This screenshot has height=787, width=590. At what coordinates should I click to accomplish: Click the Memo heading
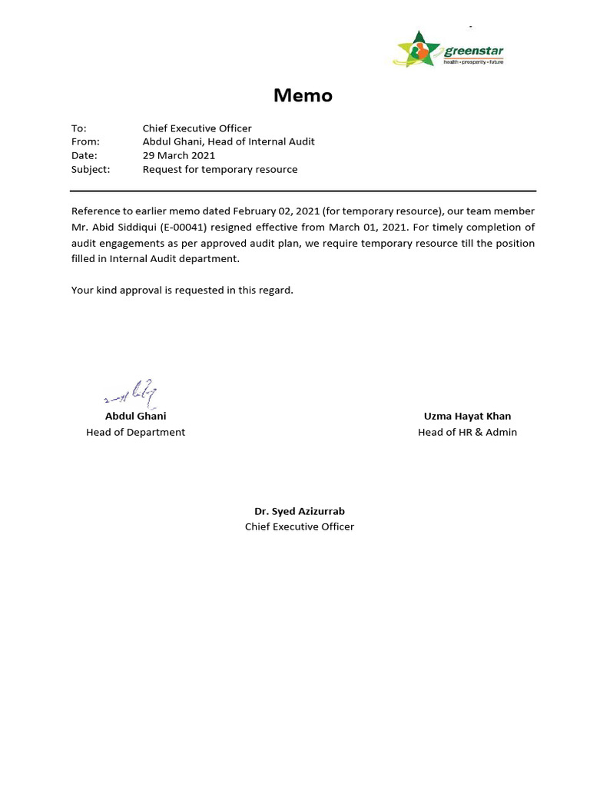(303, 96)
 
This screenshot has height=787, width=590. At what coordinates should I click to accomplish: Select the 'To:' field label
(79, 128)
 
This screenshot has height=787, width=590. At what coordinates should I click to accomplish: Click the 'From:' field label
(85, 141)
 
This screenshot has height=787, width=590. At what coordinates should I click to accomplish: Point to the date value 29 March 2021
(179, 155)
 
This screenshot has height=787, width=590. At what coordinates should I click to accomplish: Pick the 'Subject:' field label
(91, 169)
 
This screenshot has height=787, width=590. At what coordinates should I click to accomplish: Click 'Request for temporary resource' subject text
(220, 169)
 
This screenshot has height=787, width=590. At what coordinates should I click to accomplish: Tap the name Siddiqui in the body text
(136, 227)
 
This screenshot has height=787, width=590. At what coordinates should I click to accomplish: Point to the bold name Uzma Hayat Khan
(467, 416)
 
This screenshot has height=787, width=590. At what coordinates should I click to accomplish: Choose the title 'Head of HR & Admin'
(467, 432)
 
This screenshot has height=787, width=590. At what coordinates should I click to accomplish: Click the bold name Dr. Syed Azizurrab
(300, 511)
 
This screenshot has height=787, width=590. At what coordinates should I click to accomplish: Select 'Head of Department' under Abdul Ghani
(135, 432)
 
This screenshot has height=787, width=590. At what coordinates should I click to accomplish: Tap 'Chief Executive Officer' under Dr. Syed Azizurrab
(300, 526)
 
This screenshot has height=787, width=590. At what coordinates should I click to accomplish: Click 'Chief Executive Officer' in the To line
(197, 128)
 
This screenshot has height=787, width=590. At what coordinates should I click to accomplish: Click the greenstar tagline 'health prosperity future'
(473, 61)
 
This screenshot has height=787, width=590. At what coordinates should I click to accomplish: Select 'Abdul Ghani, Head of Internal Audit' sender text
(228, 141)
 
